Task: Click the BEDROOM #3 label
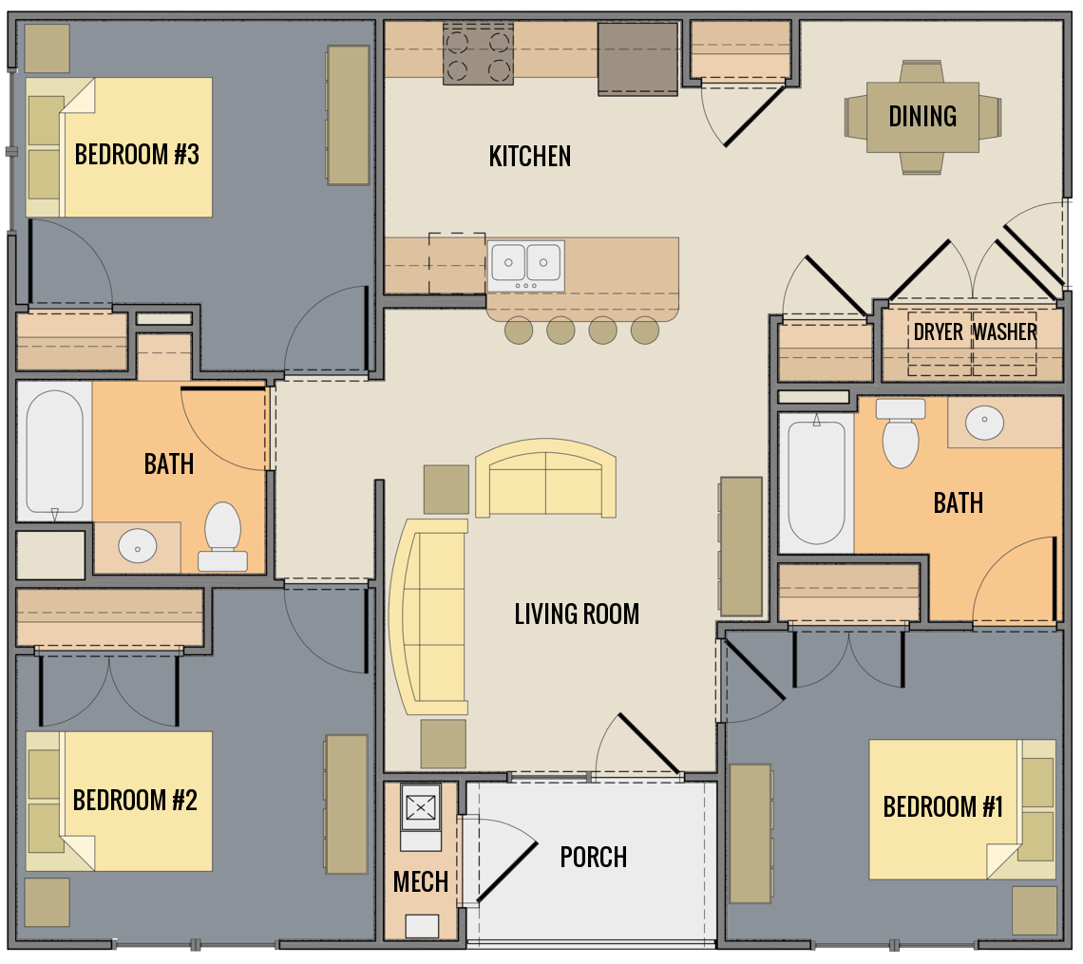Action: tap(137, 154)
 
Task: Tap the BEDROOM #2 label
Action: tap(135, 800)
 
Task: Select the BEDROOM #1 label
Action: tap(942, 806)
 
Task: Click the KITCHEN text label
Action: tap(529, 156)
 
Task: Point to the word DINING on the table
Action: tap(921, 116)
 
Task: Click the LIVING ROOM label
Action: tap(576, 614)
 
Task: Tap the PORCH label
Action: tap(593, 857)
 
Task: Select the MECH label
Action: tap(420, 881)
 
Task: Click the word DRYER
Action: tap(938, 331)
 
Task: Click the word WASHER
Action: tap(1004, 331)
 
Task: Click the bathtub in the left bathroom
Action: tap(53, 452)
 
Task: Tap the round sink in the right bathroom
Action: tap(984, 419)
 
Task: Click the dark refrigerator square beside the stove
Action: tap(636, 58)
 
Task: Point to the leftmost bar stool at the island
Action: tap(519, 331)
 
